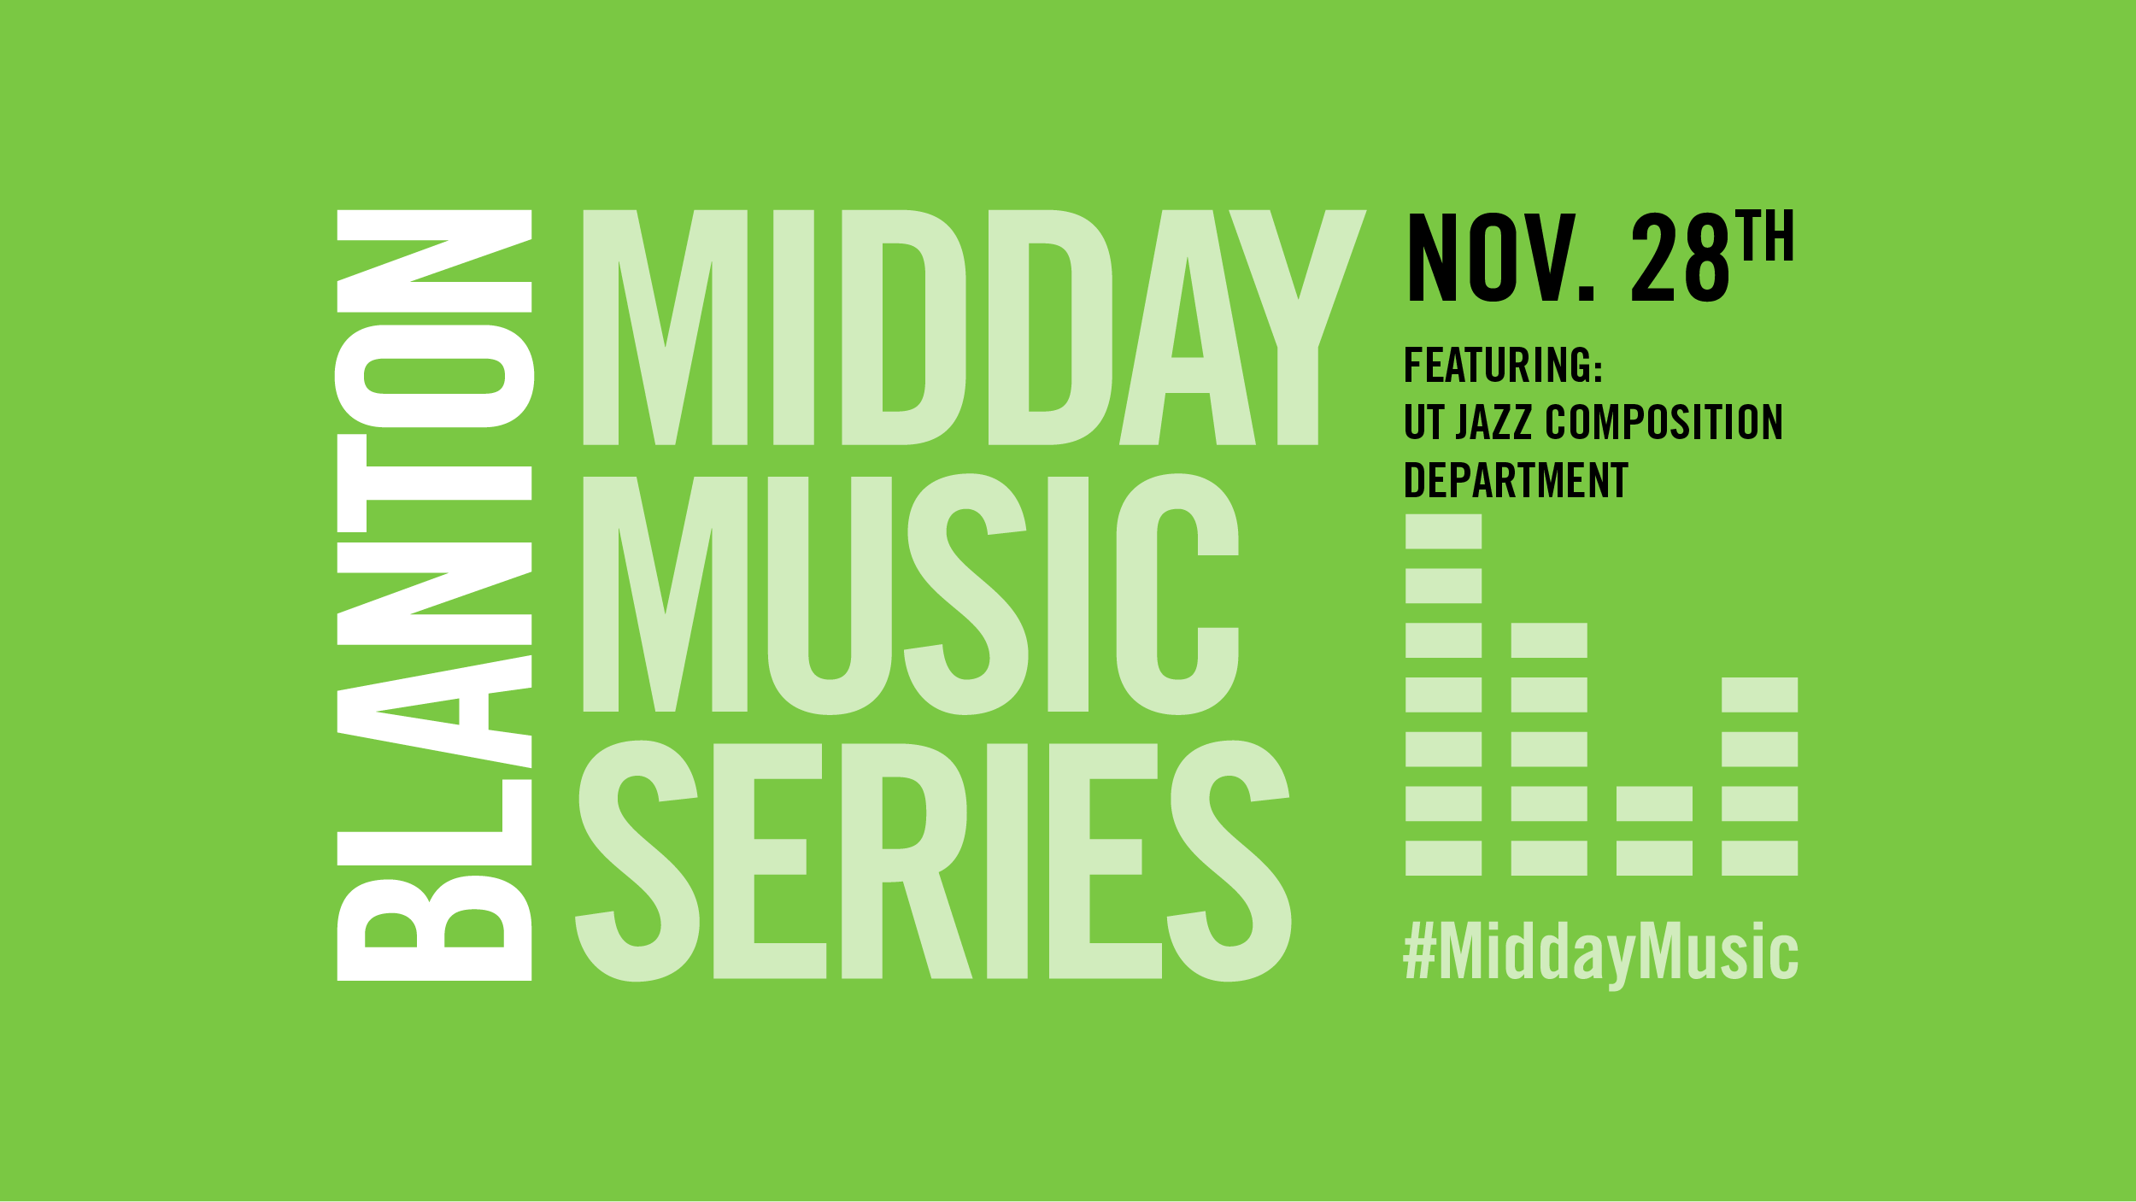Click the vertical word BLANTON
pyautogui.click(x=434, y=595)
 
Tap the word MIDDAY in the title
pyautogui.click(x=975, y=327)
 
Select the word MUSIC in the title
pyautogui.click(x=911, y=594)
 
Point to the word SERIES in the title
pyautogui.click(x=933, y=860)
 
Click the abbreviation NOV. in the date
pyautogui.click(x=1501, y=257)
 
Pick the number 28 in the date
pyautogui.click(x=1681, y=257)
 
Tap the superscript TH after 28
pyautogui.click(x=1764, y=235)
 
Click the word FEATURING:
pyautogui.click(x=1503, y=366)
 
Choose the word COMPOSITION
pyautogui.click(x=1664, y=422)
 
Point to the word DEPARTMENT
pyautogui.click(x=1517, y=480)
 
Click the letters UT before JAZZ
pyautogui.click(x=1424, y=422)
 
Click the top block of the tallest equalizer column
pyautogui.click(x=1443, y=531)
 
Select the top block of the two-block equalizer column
pyautogui.click(x=1654, y=804)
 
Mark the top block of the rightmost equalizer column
pyautogui.click(x=1760, y=695)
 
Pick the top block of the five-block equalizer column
pyautogui.click(x=1549, y=640)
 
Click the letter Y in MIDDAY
pyautogui.click(x=1298, y=327)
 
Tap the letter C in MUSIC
pyautogui.click(x=1177, y=594)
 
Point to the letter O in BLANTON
pyautogui.click(x=434, y=377)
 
